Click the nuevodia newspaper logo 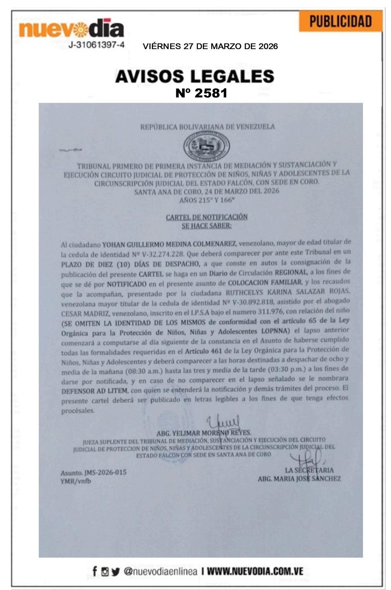[72, 29]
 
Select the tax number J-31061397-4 [96, 45]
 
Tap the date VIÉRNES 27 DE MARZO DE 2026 [210, 46]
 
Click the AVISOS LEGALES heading [195, 76]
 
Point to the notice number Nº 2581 [201, 93]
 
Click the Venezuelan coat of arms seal [206, 145]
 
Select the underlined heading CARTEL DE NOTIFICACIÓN [207, 217]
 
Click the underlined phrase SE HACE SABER [206, 226]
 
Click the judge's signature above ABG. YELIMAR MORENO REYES [223, 423]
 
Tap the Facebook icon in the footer [95, 571]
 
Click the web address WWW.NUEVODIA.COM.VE [255, 571]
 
